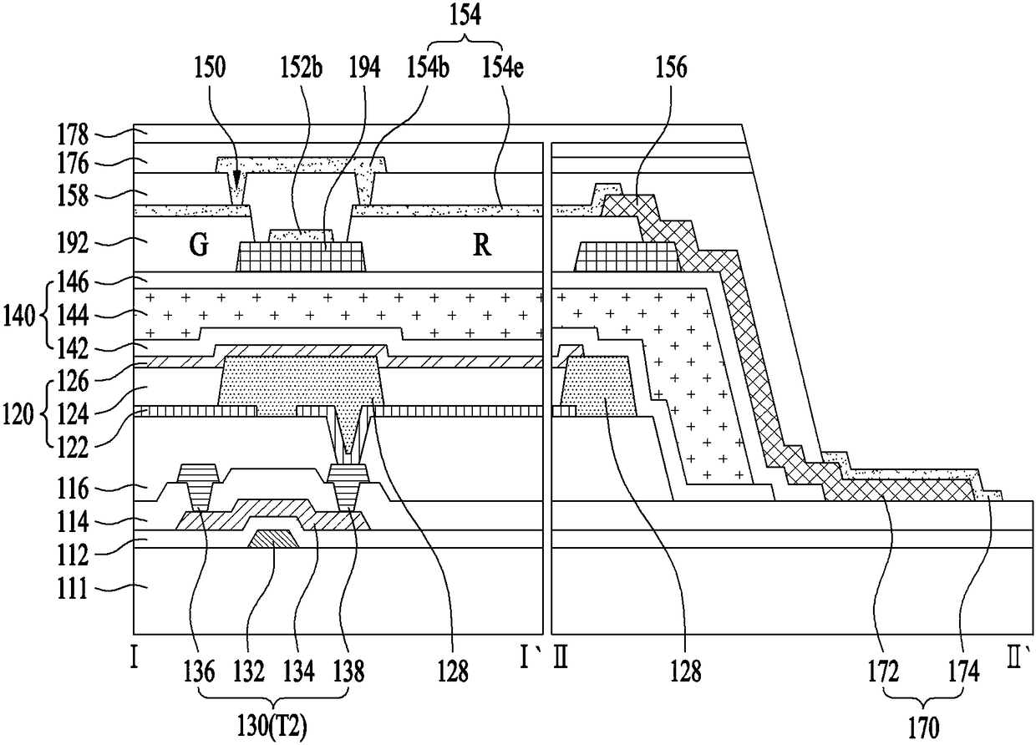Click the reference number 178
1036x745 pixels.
[73, 134]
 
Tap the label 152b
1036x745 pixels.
[301, 68]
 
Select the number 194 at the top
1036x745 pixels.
[365, 68]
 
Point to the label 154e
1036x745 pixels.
[503, 68]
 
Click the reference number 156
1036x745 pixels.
[672, 68]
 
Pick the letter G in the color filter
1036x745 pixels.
[198, 245]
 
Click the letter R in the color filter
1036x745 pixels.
[482, 245]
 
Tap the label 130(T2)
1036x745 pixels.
[272, 727]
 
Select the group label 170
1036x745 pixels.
[923, 728]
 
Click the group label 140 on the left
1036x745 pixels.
[19, 317]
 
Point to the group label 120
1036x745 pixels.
[18, 414]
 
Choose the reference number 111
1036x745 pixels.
[73, 589]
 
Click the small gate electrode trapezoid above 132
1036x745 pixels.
[274, 539]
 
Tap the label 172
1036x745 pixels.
[883, 672]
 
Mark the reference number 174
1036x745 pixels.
[964, 672]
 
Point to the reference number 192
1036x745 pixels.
[73, 243]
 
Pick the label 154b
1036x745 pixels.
[428, 68]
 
